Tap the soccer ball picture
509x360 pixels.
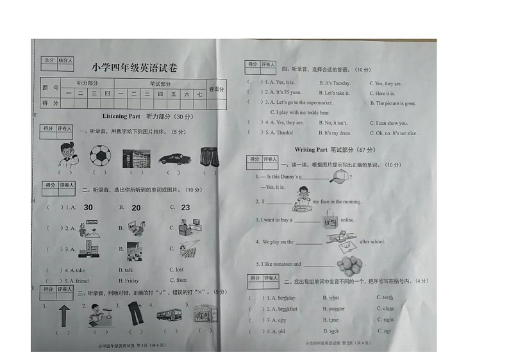(99, 156)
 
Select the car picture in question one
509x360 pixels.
(174, 158)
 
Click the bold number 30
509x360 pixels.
(88, 207)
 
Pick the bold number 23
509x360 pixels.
(185, 207)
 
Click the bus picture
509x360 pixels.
(168, 315)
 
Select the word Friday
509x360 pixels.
(131, 281)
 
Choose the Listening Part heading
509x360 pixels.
(121, 117)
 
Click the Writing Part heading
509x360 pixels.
(311, 150)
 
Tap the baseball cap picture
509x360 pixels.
(340, 176)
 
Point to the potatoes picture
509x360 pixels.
(349, 265)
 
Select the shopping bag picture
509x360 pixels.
(331, 219)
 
